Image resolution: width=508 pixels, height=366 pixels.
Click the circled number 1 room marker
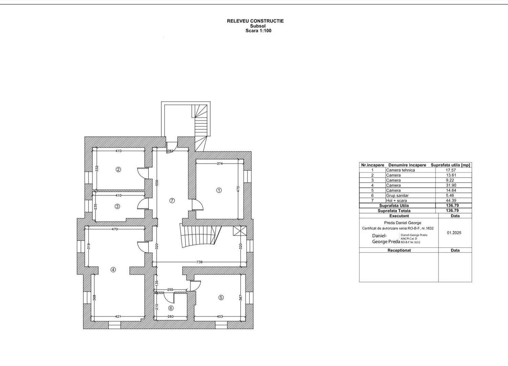pyautogui.click(x=219, y=190)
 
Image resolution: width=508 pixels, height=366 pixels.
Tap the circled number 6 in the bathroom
pyautogui.click(x=171, y=308)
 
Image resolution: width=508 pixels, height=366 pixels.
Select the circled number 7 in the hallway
pyautogui.click(x=172, y=201)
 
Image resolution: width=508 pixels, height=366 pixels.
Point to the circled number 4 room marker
pyautogui.click(x=113, y=270)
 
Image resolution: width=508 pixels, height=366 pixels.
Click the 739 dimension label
pyautogui.click(x=199, y=262)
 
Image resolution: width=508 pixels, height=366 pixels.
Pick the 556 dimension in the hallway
pyautogui.click(x=157, y=183)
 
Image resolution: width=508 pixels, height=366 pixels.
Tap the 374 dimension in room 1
pyautogui.click(x=220, y=163)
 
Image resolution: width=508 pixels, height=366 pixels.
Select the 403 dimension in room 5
pyautogui.click(x=220, y=316)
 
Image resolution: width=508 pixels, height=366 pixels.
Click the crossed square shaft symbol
pyautogui.click(x=240, y=231)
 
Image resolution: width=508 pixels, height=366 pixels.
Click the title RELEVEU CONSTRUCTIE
pyautogui.click(x=255, y=21)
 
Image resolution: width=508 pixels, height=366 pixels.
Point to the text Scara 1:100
pyautogui.click(x=258, y=30)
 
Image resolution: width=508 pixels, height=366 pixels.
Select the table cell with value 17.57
pyautogui.click(x=451, y=170)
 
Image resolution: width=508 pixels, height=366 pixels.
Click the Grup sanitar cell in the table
pyautogui.click(x=397, y=196)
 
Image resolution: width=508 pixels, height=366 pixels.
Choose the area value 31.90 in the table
pyautogui.click(x=451, y=185)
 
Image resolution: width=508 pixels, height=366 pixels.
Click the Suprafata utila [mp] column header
pyautogui.click(x=450, y=165)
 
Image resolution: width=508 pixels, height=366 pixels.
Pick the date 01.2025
pyautogui.click(x=454, y=233)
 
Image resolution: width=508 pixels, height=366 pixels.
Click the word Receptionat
pyautogui.click(x=399, y=250)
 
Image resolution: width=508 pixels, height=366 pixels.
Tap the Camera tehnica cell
pyautogui.click(x=400, y=170)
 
